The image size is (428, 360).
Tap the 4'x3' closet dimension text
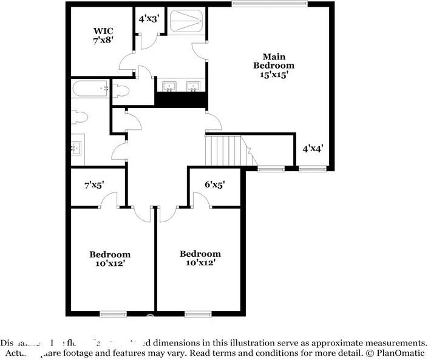pos(149,19)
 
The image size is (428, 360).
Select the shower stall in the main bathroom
pos(186,23)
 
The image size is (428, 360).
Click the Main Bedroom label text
pos(274,65)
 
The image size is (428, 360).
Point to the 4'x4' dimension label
pos(313,148)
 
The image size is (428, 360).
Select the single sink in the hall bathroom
pos(76,148)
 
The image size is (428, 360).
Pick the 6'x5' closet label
pos(214,184)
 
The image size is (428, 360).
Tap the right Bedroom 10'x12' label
pos(200,259)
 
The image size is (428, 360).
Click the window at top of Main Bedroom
pos(270,4)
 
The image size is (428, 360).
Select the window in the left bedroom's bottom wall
pos(113,314)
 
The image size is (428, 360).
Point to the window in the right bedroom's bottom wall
pos(198,314)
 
